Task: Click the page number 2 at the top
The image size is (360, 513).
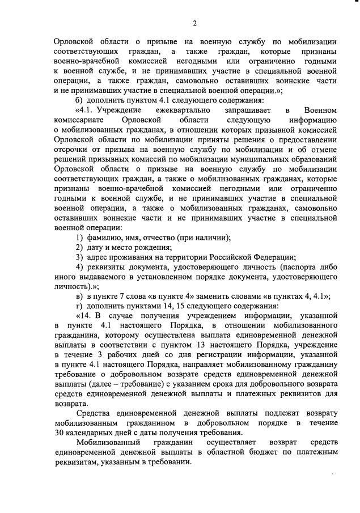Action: tap(194, 23)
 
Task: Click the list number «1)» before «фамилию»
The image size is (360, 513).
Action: tap(81, 236)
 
